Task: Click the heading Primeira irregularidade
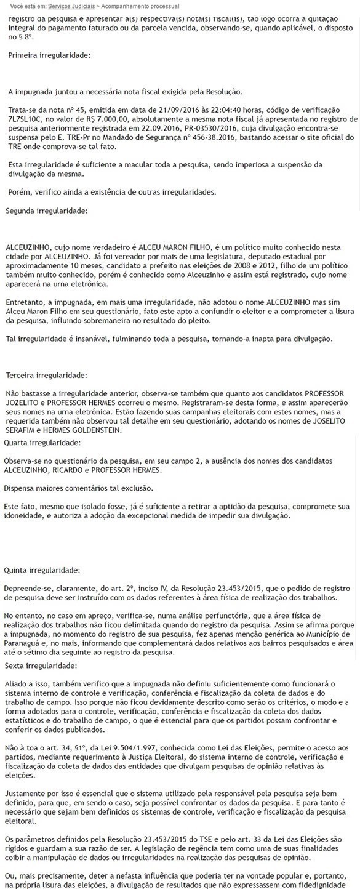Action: (49, 55)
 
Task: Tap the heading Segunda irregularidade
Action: (47, 211)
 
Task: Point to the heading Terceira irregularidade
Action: (46, 375)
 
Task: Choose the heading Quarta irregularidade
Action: (42, 443)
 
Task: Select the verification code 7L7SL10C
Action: (26, 118)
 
